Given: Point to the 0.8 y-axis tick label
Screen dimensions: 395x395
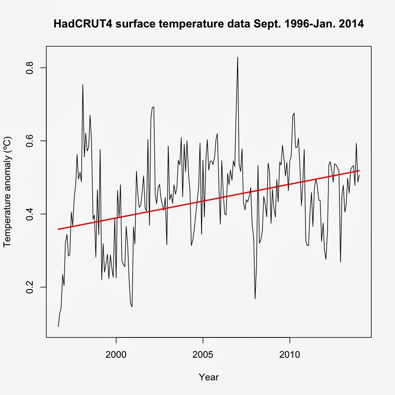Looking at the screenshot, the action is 30,67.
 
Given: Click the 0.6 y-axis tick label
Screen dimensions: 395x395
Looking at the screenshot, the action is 30,141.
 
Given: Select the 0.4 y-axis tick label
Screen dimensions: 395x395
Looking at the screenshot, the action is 30,214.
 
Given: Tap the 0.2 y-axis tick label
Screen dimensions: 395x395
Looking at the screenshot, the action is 30,287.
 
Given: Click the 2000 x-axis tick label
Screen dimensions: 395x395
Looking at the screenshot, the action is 116,355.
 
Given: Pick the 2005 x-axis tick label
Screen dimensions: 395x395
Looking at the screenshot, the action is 203,355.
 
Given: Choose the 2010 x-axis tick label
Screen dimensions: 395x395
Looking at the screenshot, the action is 290,355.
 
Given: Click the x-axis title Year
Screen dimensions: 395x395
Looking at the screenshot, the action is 208,377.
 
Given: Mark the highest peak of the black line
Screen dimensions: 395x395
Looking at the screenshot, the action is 237,57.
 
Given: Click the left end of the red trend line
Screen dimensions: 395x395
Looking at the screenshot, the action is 58,229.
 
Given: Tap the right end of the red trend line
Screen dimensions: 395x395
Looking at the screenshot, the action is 359,170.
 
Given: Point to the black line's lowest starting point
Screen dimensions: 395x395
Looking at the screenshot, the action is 58,327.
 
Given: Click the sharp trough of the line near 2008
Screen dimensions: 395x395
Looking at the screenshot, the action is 255,299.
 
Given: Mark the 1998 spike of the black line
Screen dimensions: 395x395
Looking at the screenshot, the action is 83,85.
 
